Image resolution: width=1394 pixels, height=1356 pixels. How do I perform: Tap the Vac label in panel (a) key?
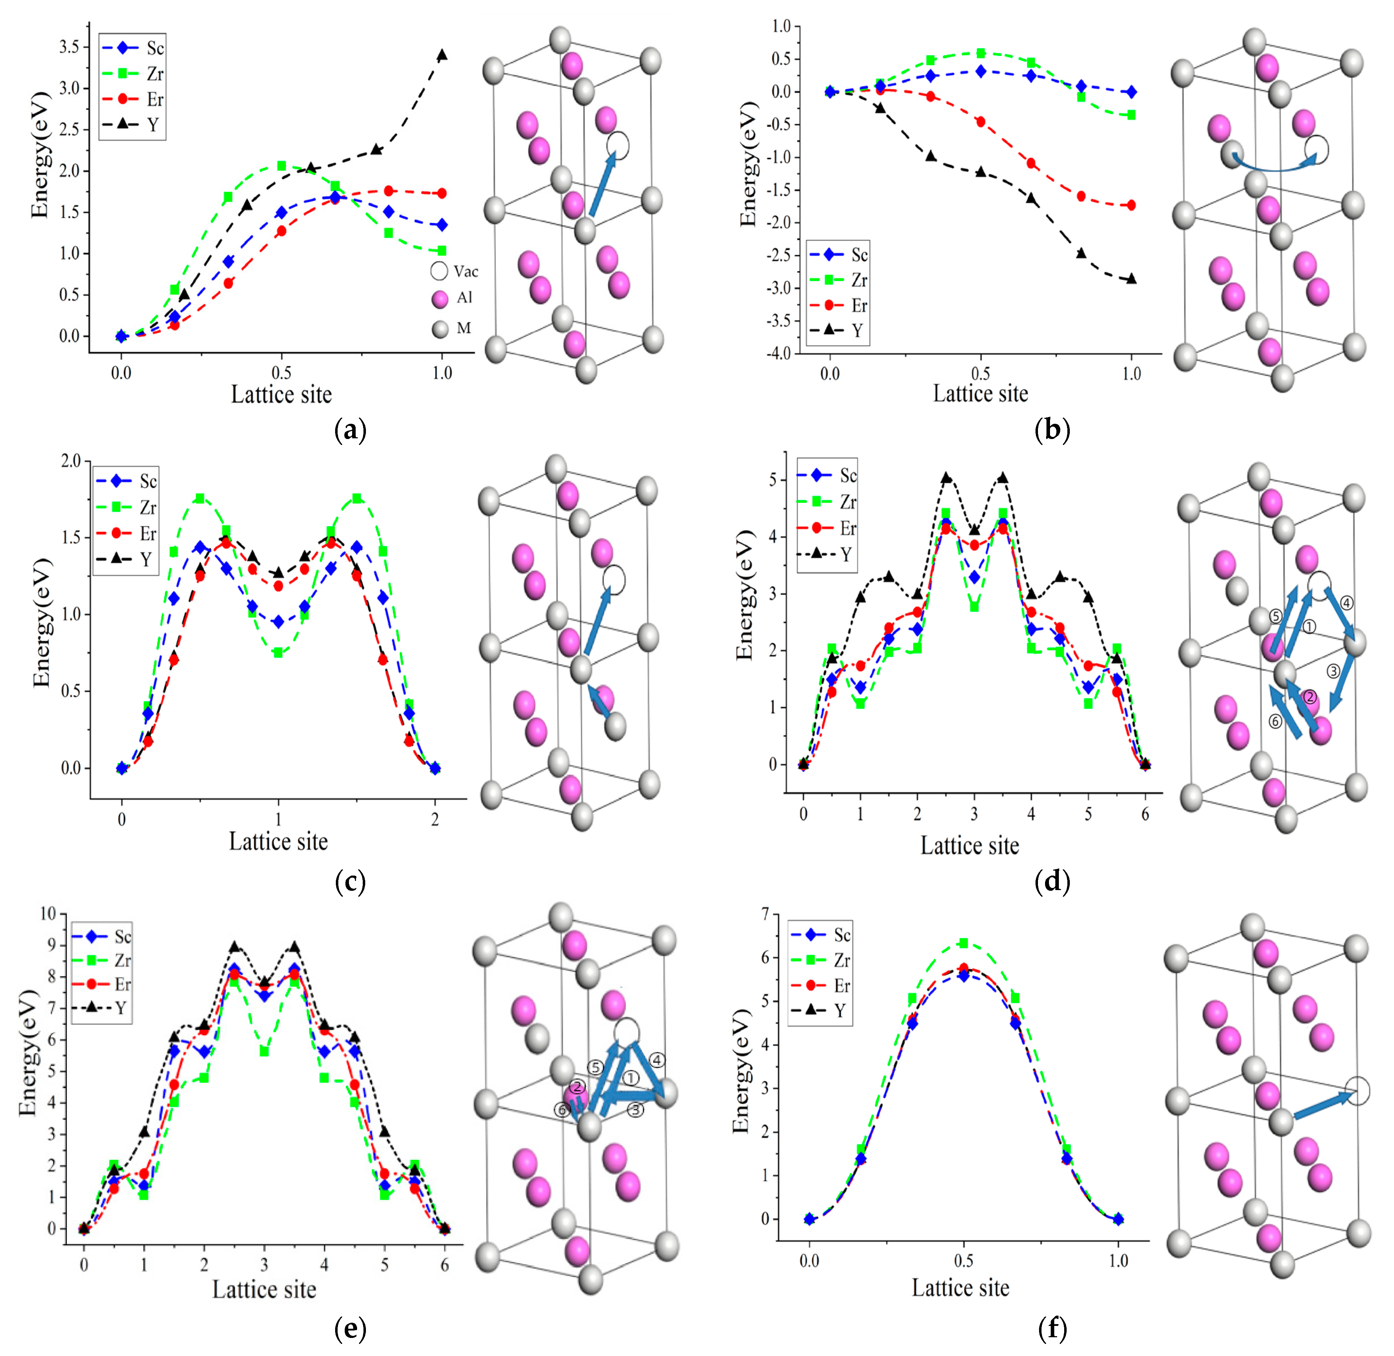(x=466, y=271)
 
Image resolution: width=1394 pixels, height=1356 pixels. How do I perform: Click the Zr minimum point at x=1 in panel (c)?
(x=279, y=653)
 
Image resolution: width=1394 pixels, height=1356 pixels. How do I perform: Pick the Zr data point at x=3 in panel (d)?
(x=974, y=607)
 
